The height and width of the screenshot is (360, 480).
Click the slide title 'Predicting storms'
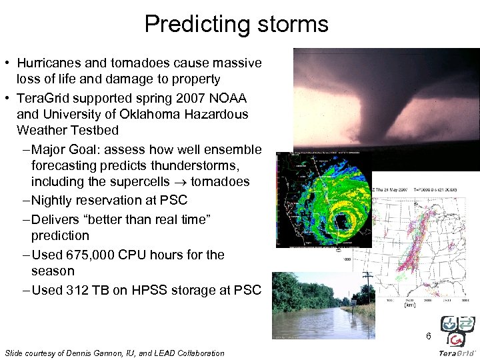[236, 25]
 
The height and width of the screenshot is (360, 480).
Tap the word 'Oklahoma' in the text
[143, 115]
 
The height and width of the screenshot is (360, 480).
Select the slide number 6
[429, 336]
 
